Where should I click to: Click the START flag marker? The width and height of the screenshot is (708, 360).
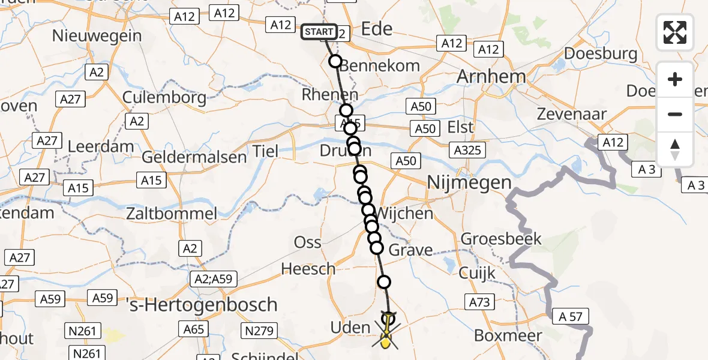(319, 31)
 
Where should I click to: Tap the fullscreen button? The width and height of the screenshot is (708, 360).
(675, 32)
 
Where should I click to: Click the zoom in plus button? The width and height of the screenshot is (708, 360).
(675, 79)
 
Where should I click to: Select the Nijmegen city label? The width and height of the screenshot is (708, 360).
(469, 182)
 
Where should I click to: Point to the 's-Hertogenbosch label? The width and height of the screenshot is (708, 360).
(202, 304)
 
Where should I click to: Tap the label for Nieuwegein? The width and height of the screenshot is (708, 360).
(97, 35)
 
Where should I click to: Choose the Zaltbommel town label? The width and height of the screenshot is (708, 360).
(171, 213)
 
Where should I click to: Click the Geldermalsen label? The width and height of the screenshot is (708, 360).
(194, 157)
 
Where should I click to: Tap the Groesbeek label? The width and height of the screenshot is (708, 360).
(501, 239)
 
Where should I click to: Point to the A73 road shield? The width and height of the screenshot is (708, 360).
(479, 302)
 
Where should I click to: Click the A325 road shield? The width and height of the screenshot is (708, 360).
(467, 150)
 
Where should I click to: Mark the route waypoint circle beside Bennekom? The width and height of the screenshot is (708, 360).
(335, 61)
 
